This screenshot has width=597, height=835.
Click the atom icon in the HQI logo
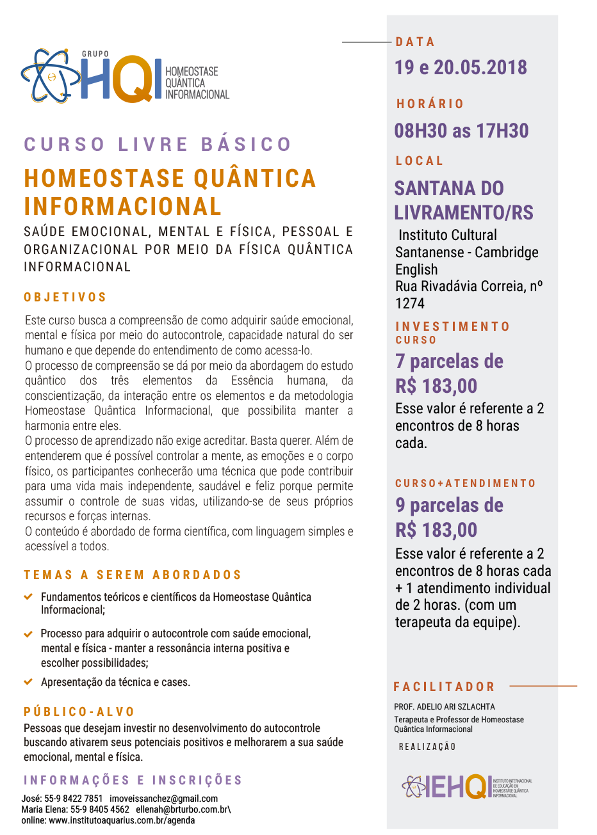click(x=50, y=76)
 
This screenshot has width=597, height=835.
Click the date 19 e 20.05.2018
click(x=461, y=67)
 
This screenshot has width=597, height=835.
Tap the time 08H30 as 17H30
click(x=461, y=131)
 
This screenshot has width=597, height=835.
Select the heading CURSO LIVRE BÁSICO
click(x=158, y=144)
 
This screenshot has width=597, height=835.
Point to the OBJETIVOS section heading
click(x=65, y=298)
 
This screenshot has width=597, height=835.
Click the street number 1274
click(x=410, y=303)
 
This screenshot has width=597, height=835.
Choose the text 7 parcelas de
click(x=449, y=362)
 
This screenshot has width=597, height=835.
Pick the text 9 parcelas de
click(x=449, y=505)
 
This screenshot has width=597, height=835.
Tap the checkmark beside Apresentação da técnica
click(x=28, y=682)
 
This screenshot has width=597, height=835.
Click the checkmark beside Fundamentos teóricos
click(x=28, y=596)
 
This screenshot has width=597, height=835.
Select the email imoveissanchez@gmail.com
click(x=163, y=799)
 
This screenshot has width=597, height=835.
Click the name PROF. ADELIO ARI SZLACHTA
click(x=445, y=707)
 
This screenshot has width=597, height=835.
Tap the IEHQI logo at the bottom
click(x=466, y=787)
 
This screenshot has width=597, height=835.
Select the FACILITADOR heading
click(x=445, y=687)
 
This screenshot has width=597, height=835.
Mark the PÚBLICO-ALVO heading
click(x=79, y=712)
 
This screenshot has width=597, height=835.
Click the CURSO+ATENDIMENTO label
click(x=466, y=484)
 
